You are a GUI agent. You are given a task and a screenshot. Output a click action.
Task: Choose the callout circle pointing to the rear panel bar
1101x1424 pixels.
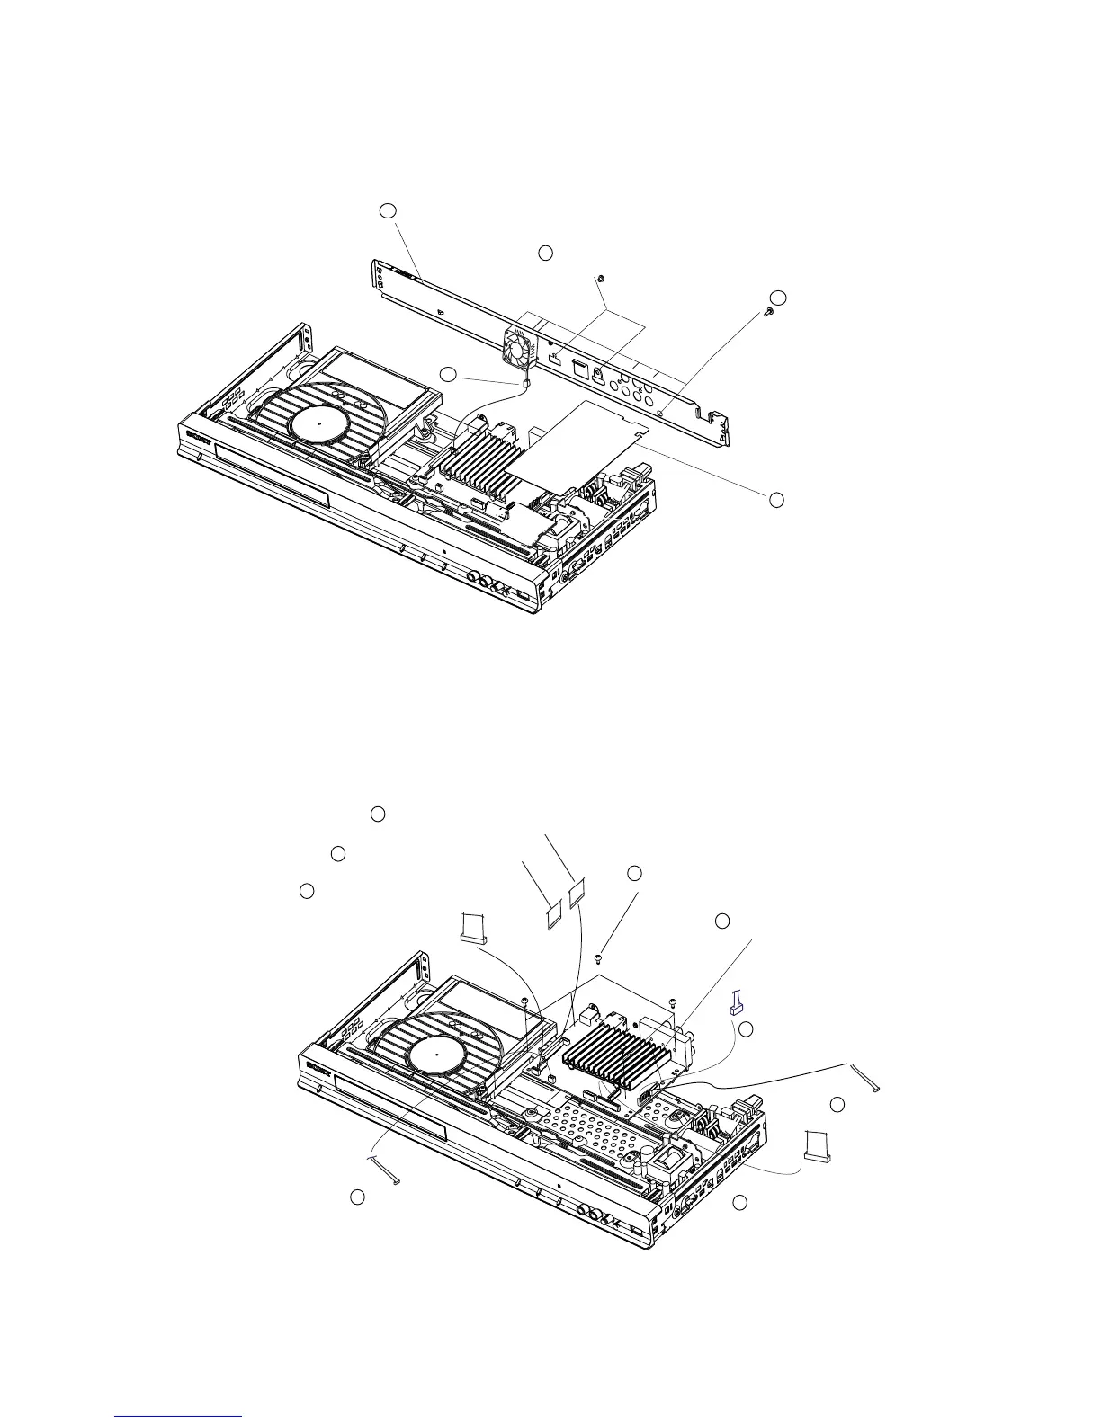point(387,209)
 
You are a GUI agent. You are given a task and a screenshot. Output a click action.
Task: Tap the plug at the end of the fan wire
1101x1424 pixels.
point(523,382)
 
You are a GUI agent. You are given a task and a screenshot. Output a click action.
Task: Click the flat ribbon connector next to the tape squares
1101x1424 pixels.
point(472,928)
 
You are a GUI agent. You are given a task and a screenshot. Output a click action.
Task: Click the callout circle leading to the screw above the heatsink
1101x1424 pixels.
point(634,873)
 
